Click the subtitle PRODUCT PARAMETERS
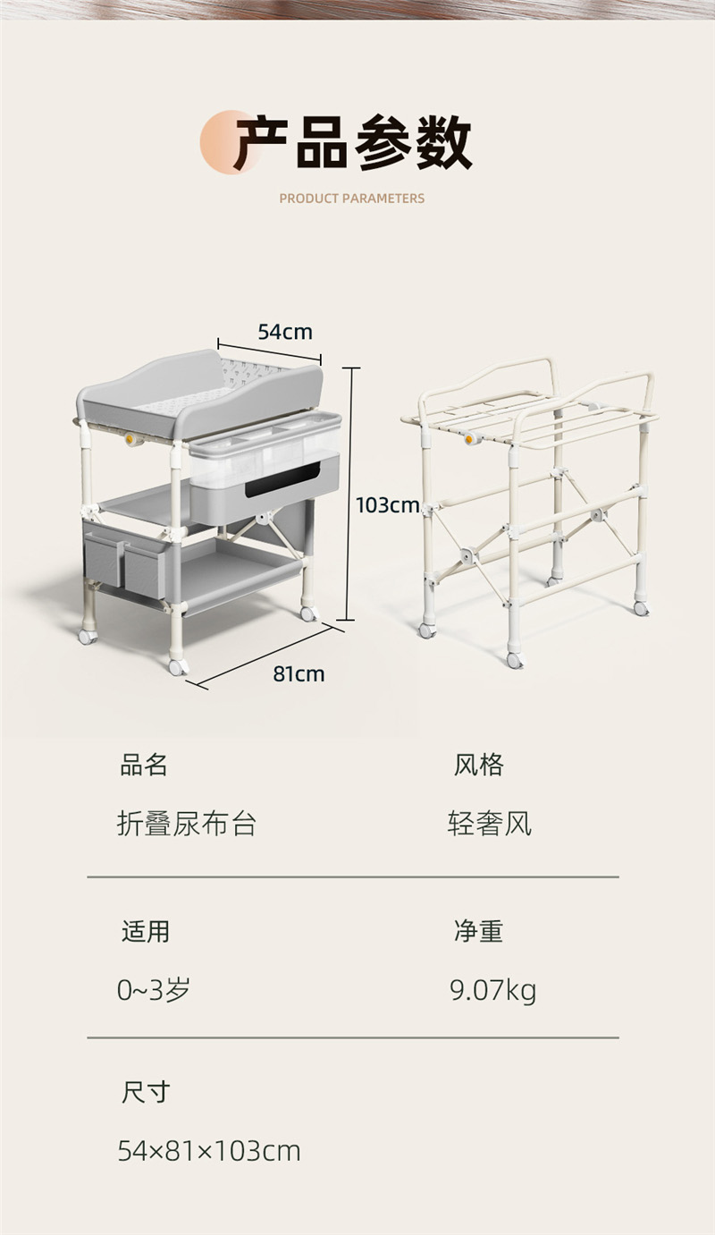[352, 199]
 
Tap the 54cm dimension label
[285, 332]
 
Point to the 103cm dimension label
[388, 505]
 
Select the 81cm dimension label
[299, 673]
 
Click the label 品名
[144, 766]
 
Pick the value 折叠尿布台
[187, 825]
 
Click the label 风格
[479, 766]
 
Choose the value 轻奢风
[490, 825]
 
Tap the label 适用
[146, 932]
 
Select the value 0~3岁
[154, 990]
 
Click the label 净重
[479, 932]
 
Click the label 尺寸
[146, 1092]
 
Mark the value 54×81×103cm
[209, 1151]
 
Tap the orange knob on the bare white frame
[470, 438]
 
